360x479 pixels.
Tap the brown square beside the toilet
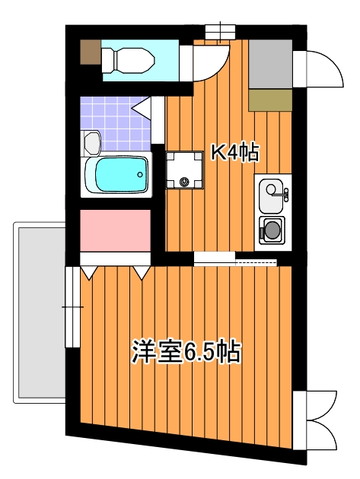tap(91, 52)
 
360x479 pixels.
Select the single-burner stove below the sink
tap(271, 229)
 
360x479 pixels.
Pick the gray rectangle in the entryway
tap(270, 63)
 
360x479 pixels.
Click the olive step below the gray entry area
tap(270, 100)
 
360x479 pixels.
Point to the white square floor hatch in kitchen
tap(185, 169)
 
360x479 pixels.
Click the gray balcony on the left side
tap(38, 312)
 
